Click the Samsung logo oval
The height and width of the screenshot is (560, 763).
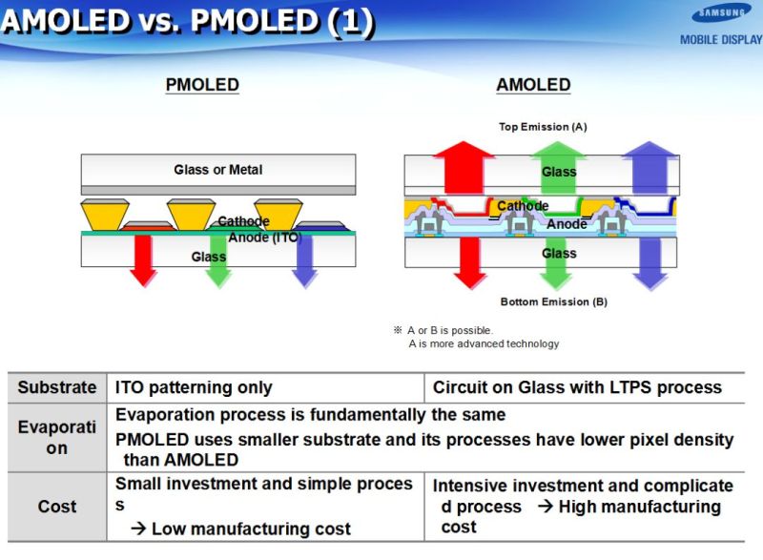tap(722, 14)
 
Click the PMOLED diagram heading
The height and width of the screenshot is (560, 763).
tap(202, 85)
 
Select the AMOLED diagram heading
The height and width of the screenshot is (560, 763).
tap(533, 85)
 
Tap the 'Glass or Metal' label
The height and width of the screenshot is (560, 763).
tap(217, 170)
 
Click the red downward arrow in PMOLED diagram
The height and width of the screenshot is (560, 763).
tap(143, 260)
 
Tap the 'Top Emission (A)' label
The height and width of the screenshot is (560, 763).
tap(543, 127)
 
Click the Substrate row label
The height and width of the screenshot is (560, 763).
tap(57, 387)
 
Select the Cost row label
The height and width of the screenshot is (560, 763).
tap(57, 507)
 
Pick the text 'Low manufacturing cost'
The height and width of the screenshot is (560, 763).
tap(251, 529)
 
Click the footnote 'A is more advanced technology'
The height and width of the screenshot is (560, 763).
tap(484, 343)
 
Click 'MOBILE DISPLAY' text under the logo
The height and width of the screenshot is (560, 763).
tap(720, 39)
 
